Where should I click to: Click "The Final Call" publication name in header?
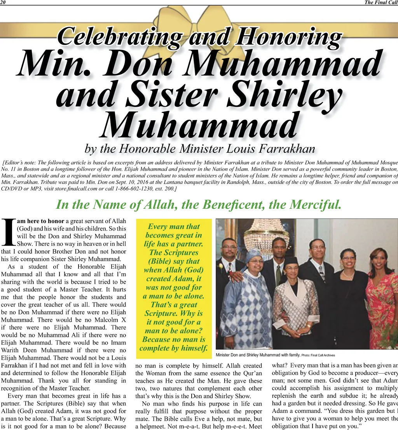click(381, 2)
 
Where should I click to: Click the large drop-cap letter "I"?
click(8, 232)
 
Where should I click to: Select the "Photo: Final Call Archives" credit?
click(318, 355)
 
